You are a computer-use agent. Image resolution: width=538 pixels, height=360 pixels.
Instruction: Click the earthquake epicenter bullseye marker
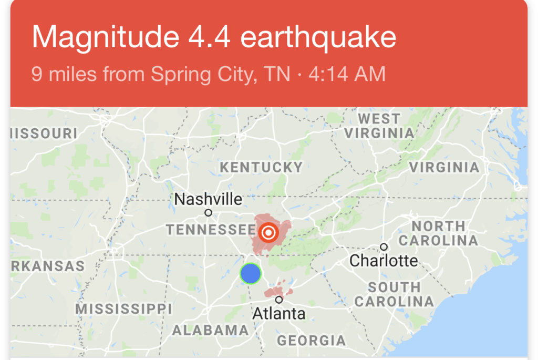coord(268,231)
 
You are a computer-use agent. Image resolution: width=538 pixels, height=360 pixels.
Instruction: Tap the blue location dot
coord(251,273)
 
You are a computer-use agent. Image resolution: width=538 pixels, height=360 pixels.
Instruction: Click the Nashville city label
coord(208,200)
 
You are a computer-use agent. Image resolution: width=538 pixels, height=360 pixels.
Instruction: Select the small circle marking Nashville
coord(209,213)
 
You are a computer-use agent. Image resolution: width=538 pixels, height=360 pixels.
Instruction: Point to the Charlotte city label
coord(384,260)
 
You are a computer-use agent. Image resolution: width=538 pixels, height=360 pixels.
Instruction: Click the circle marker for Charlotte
coord(384,247)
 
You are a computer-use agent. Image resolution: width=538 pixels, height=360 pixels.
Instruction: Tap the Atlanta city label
coord(279,314)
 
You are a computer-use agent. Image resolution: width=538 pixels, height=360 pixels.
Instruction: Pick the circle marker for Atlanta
coord(279,300)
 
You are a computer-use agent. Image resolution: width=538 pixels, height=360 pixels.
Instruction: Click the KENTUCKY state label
coord(261,168)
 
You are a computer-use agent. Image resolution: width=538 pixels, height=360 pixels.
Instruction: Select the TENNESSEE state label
coord(211,230)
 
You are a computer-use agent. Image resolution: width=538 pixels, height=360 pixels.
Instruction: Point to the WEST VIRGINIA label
coord(379,126)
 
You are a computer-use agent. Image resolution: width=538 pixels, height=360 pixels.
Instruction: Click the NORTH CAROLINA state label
coord(438,233)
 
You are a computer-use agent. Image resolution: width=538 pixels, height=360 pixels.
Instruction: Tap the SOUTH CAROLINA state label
coord(394,294)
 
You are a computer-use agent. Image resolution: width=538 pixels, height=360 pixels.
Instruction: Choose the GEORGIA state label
coord(311,341)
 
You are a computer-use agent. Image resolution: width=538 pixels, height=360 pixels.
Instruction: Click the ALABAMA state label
coord(210,330)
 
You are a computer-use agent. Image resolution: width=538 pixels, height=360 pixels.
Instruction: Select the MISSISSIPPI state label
coord(123,308)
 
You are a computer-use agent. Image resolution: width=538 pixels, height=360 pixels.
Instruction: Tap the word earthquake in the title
coord(318,37)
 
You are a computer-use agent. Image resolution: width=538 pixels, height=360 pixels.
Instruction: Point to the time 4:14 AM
coord(347,74)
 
